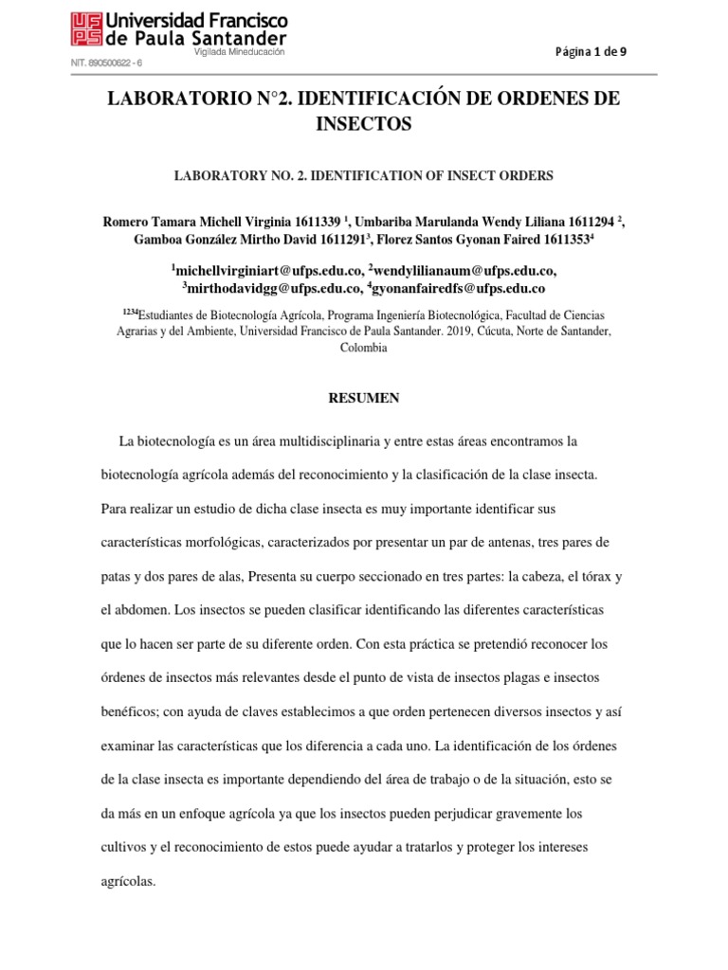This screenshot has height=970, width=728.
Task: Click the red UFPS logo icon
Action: [x=86, y=29]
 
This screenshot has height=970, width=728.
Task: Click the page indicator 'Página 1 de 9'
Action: [x=591, y=52]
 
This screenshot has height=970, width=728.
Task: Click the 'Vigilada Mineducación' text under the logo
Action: [x=239, y=53]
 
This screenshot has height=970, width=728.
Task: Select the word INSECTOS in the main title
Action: [x=364, y=123]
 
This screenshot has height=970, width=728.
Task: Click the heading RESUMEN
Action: [x=364, y=399]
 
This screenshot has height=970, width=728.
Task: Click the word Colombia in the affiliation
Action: [x=364, y=348]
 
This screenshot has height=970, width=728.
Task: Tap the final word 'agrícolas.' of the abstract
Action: [x=127, y=881]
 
